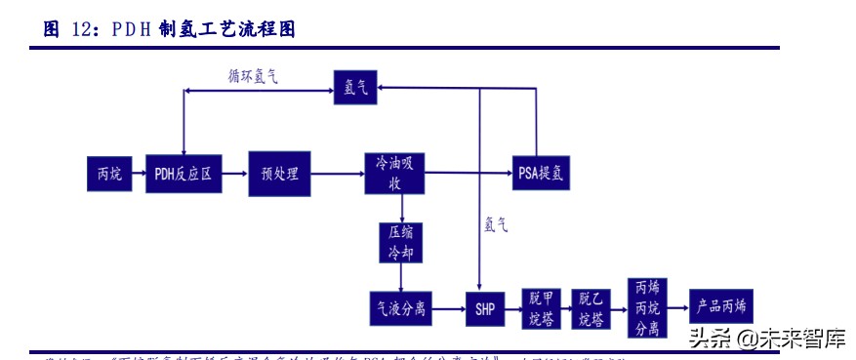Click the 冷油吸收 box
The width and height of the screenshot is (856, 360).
pos(396,173)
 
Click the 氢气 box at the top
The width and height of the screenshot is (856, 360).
pos(355,88)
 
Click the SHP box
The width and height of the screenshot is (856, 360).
pos(485,308)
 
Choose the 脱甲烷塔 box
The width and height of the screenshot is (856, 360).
pos(542,308)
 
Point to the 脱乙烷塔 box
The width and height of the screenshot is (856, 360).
pos(591,308)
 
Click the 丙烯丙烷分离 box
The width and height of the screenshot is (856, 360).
pos(647,307)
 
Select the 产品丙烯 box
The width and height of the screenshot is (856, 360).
pos(721,307)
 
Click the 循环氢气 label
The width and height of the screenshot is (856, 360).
pos(253,76)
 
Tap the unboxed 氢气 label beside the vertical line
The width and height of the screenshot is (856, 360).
pos(496,223)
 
